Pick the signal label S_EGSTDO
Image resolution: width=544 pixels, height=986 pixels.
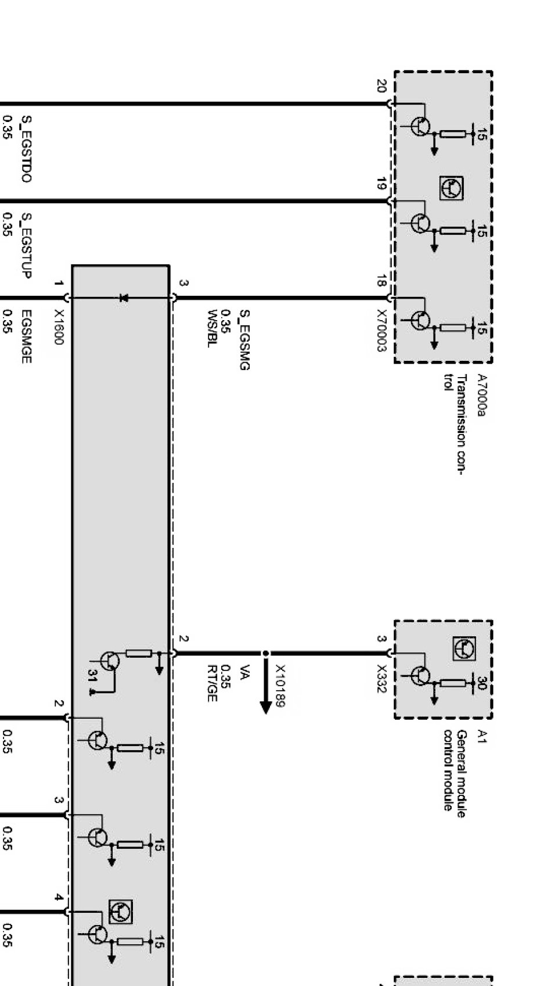click(x=26, y=149)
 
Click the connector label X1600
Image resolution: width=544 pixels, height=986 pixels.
click(x=58, y=327)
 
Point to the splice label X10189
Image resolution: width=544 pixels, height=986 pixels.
click(x=280, y=686)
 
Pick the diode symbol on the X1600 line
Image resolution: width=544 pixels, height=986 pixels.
click(x=123, y=298)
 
